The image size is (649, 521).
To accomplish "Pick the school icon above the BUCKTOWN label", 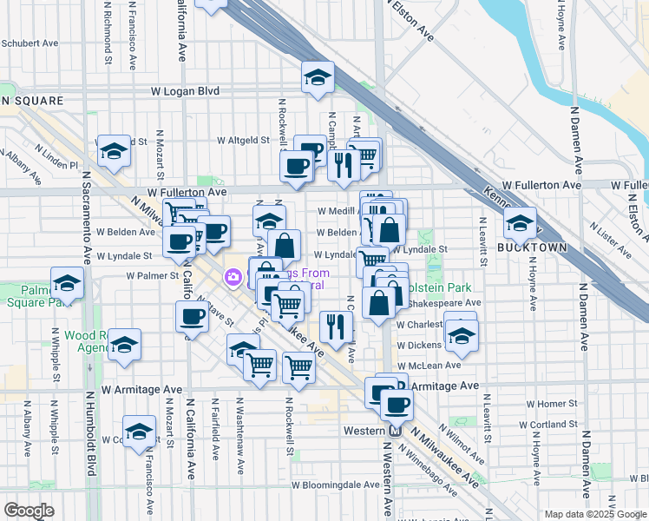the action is pyautogui.click(x=520, y=223).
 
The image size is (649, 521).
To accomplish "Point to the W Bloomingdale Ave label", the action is pyautogui.click(x=335, y=485).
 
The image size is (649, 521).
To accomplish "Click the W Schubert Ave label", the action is pyautogui.click(x=29, y=42).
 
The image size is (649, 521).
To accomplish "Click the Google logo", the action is pyautogui.click(x=28, y=511).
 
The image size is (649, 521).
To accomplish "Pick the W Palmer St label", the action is pyautogui.click(x=152, y=275).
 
